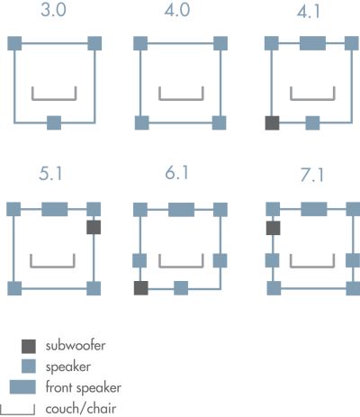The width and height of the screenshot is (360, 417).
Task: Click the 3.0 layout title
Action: click(x=53, y=10)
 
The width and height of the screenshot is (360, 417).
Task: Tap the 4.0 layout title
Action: click(x=177, y=10)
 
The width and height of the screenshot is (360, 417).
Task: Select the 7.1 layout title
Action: click(x=312, y=176)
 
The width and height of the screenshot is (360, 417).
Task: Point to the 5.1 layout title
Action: click(x=50, y=174)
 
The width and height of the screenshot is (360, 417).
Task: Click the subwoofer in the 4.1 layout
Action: click(x=272, y=123)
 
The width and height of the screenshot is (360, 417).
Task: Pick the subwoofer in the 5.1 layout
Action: click(x=94, y=227)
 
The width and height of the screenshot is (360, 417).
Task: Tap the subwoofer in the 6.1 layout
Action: click(x=140, y=288)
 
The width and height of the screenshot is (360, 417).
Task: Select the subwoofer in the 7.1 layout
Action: click(x=274, y=228)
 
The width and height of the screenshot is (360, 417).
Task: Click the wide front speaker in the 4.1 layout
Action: click(x=312, y=43)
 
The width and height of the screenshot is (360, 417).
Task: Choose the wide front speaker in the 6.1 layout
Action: click(x=181, y=210)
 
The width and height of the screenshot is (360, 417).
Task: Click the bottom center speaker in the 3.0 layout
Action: click(x=54, y=122)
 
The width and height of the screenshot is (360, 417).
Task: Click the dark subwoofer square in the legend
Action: click(x=29, y=347)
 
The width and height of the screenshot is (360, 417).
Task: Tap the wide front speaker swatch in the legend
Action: click(x=22, y=387)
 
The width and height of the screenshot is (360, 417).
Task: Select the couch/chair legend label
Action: click(x=81, y=409)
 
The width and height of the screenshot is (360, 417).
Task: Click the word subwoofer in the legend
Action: click(x=76, y=346)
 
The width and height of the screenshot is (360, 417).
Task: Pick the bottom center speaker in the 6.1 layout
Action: click(x=181, y=288)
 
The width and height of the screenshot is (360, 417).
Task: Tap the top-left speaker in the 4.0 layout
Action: click(x=140, y=43)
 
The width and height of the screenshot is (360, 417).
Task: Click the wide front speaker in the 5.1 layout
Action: click(x=54, y=209)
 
